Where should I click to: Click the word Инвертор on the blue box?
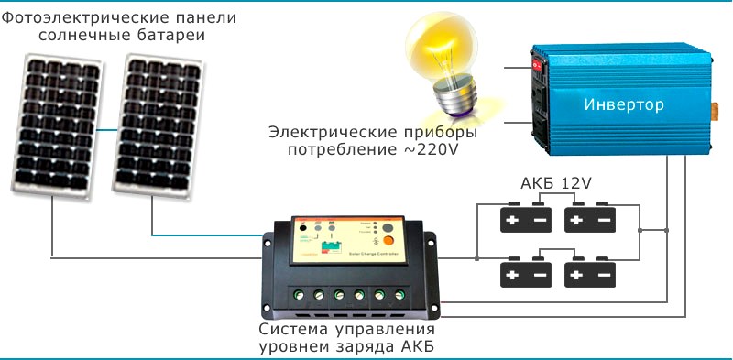[623, 105]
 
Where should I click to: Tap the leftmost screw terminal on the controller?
[298, 295]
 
